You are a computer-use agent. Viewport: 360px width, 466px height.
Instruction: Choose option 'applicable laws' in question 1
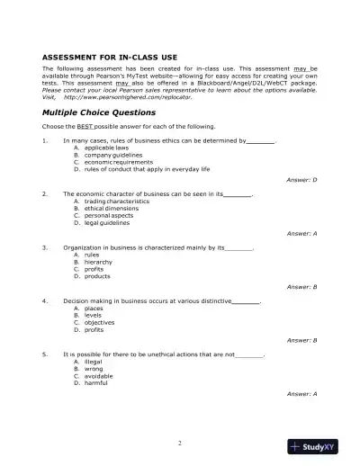[x=104, y=148]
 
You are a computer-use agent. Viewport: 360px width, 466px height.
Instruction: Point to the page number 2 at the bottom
[x=180, y=443]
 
